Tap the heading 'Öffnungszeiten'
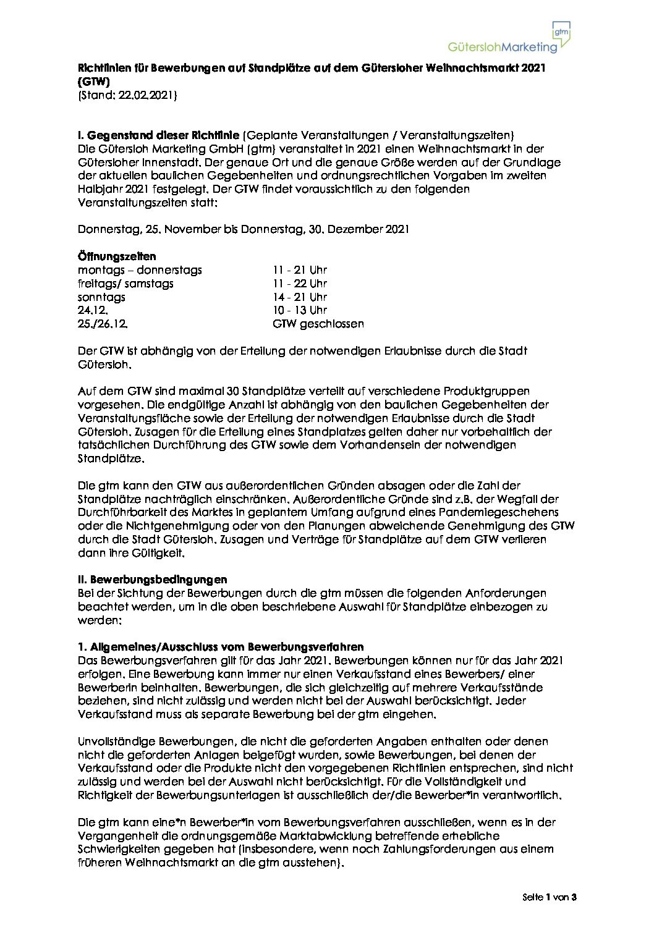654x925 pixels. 117,256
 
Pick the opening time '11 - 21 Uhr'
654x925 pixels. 299,270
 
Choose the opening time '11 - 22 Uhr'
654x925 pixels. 299,284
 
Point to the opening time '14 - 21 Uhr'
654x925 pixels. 299,297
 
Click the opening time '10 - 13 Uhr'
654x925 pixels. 299,310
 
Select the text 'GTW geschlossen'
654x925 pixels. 318,324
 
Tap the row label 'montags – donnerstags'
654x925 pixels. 140,270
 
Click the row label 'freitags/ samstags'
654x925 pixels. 125,284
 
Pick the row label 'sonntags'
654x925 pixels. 101,297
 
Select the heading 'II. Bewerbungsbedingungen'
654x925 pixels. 152,580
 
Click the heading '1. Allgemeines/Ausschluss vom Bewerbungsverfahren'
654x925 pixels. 221,647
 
